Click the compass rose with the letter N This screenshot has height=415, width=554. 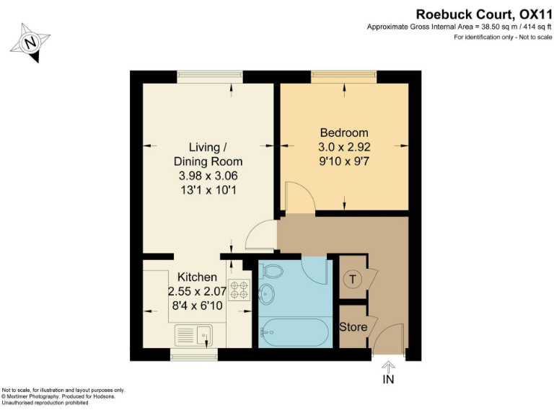coord(30,42)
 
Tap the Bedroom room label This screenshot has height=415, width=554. coord(344,133)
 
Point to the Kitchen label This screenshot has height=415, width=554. coord(197,277)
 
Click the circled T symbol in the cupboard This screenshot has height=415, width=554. coord(352,280)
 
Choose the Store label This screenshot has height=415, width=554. coord(353,326)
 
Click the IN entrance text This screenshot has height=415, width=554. coord(388,380)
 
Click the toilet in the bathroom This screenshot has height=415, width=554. coord(273,272)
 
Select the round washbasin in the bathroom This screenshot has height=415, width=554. coord(268,294)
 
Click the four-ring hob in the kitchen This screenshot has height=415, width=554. coord(238,289)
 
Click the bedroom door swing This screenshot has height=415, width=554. coord(297,197)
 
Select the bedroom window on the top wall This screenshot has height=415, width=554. coord(343,76)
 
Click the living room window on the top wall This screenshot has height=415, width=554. coord(210,76)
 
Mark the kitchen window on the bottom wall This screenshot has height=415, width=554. coord(194,354)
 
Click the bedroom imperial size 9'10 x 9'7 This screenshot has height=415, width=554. coord(344,161)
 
